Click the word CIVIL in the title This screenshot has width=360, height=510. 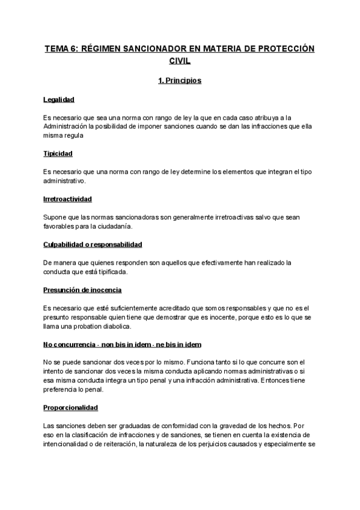180,61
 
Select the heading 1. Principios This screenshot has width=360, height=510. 180,80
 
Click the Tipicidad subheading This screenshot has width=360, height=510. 58,154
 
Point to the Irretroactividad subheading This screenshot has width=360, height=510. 67,198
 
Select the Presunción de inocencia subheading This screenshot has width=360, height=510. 82,290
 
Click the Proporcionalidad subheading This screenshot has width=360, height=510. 70,407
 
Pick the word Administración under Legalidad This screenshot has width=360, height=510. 68,126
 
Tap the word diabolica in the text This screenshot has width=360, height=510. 114,326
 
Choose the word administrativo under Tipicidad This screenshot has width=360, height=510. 65,180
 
